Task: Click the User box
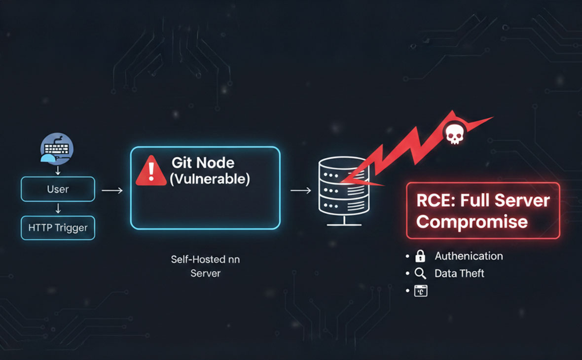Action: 58,189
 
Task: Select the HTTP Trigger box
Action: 58,228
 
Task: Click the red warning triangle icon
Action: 151,171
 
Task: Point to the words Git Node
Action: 203,162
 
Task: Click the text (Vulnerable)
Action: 210,179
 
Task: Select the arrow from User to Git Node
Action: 112,190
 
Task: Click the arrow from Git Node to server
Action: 300,190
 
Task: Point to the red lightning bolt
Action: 404,148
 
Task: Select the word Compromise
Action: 472,221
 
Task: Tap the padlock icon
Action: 420,256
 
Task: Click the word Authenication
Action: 469,256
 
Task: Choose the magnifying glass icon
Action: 420,273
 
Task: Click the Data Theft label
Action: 459,273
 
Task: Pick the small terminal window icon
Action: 420,290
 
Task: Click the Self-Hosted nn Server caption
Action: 205,266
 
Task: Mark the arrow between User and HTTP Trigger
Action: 58,209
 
